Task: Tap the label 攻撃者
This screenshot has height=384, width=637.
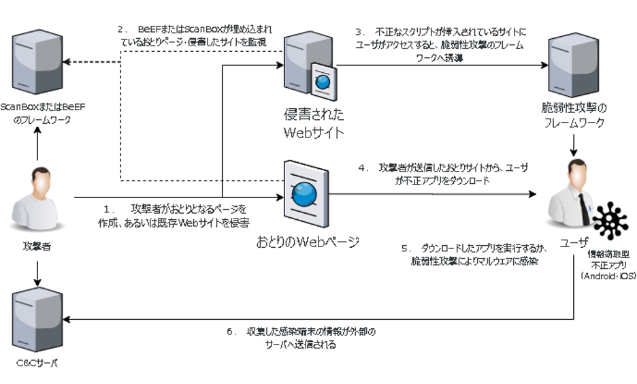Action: tap(37, 246)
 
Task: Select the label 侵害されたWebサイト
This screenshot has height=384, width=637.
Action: tap(314, 122)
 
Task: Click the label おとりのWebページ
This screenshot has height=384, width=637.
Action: tap(308, 242)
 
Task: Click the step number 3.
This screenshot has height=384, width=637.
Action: tap(359, 32)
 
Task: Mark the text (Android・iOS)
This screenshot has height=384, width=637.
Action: tap(608, 277)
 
